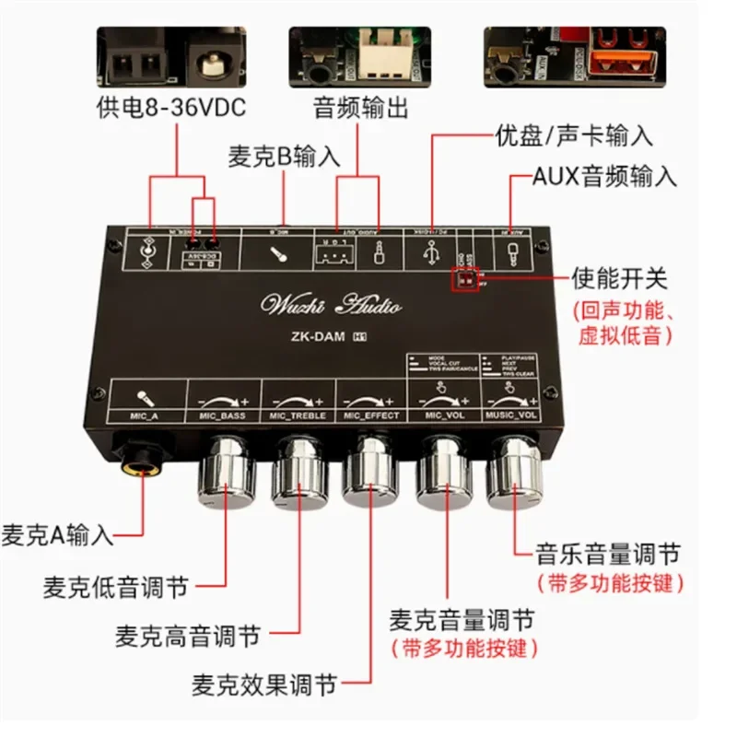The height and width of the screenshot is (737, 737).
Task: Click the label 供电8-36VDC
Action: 171,109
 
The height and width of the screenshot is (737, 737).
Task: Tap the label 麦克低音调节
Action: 115,586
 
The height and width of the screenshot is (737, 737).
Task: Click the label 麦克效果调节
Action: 263,684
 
